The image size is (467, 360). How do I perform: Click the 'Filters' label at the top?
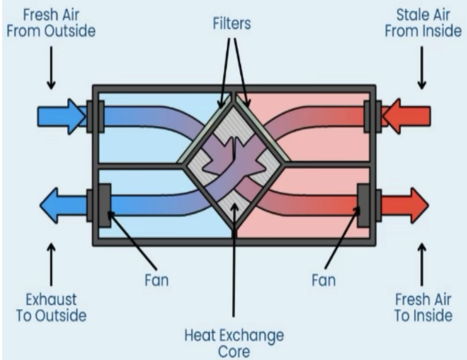(x=232, y=23)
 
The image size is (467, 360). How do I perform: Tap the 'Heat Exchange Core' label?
(x=233, y=343)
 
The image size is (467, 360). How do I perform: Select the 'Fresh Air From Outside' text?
(x=51, y=23)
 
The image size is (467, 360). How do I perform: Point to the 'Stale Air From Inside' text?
(x=423, y=23)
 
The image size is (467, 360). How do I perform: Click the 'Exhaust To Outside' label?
(x=51, y=308)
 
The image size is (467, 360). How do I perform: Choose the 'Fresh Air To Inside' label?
(x=423, y=308)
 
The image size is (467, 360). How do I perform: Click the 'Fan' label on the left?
(x=156, y=279)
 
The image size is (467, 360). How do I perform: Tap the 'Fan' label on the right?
(x=323, y=279)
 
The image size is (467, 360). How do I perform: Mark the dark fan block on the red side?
(x=363, y=205)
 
